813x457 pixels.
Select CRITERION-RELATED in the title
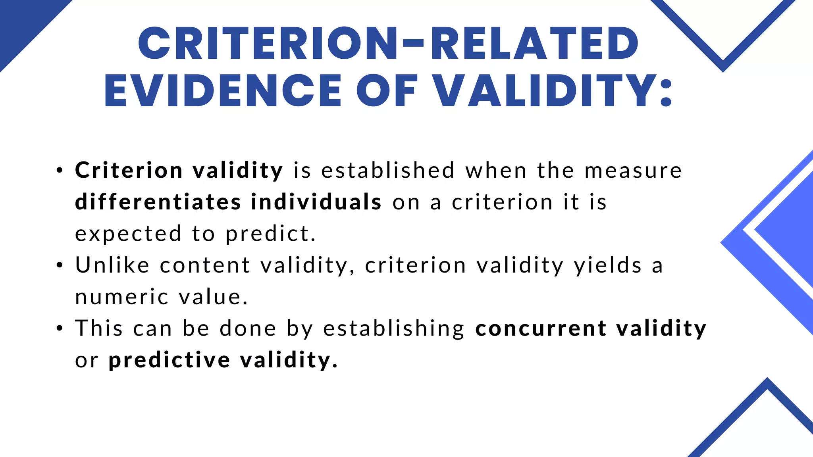coord(388,44)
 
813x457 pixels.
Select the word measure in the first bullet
coord(633,170)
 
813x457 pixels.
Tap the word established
coord(388,170)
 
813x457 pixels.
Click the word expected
coord(128,234)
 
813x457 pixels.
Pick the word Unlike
coord(113,265)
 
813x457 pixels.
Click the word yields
coord(608,265)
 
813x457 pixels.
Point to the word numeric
coord(121,297)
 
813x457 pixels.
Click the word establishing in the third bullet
coord(393,328)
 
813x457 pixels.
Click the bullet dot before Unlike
coord(60,265)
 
